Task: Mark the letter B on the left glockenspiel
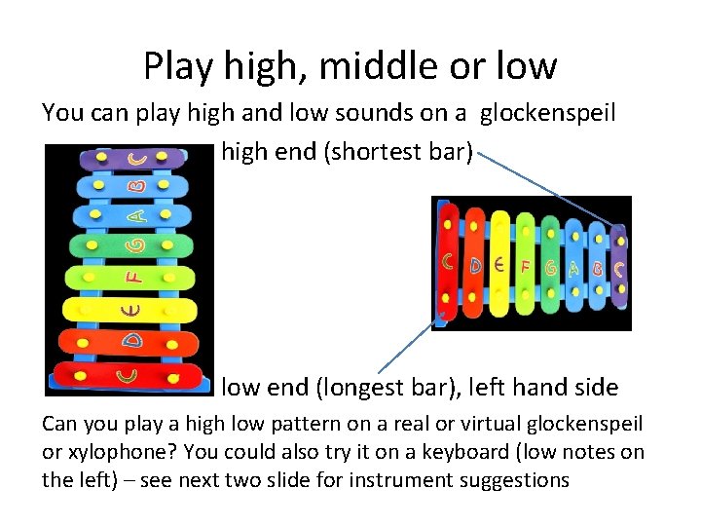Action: [138, 183]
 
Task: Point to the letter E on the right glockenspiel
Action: [498, 263]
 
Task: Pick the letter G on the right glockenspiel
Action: [551, 265]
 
